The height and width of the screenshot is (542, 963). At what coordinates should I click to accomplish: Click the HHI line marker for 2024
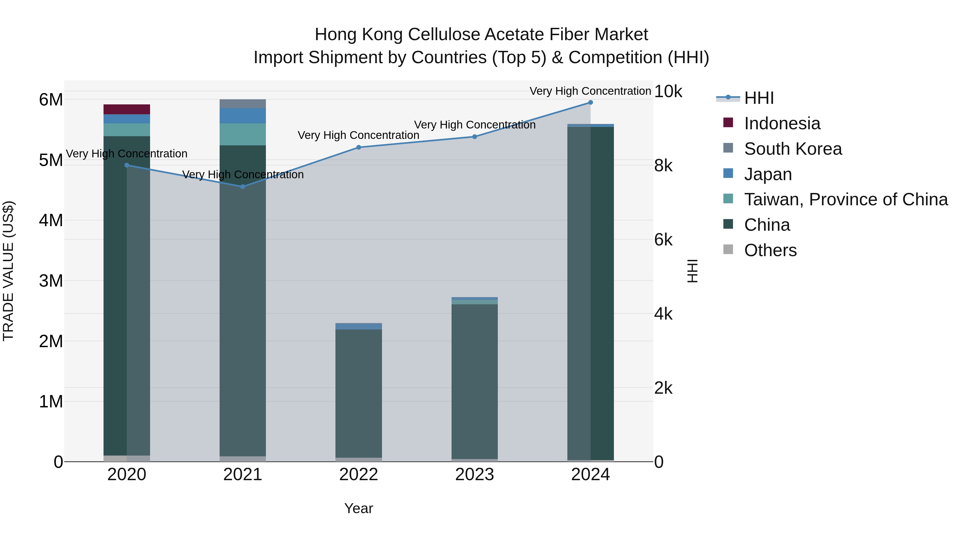(590, 103)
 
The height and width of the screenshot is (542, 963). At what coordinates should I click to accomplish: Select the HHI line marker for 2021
(243, 187)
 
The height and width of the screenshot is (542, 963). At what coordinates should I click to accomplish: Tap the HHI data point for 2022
(358, 147)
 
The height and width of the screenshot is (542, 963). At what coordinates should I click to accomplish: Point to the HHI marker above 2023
(474, 137)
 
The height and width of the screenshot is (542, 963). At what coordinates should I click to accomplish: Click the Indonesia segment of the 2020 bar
(127, 109)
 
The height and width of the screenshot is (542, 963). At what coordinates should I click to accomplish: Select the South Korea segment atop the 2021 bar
(243, 104)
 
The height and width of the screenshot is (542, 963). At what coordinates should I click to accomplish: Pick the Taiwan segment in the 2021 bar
(243, 134)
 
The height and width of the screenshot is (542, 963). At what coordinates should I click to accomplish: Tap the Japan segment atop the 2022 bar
(358, 326)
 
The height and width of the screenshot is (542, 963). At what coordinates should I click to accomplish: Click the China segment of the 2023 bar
(474, 381)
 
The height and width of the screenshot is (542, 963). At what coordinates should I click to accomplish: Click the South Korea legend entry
(793, 149)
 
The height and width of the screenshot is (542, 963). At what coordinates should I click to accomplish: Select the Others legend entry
(770, 250)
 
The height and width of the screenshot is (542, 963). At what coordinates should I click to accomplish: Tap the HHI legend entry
(759, 98)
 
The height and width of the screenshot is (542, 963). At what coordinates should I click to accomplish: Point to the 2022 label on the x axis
(358, 475)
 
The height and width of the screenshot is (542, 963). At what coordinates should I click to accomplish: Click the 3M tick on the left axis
(51, 281)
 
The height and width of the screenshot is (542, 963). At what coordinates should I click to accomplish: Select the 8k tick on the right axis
(663, 165)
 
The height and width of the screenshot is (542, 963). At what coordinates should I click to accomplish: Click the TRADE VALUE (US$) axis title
(9, 271)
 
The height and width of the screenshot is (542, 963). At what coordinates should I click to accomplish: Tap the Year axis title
(358, 508)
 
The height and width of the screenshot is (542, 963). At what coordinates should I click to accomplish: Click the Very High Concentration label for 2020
(127, 154)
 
